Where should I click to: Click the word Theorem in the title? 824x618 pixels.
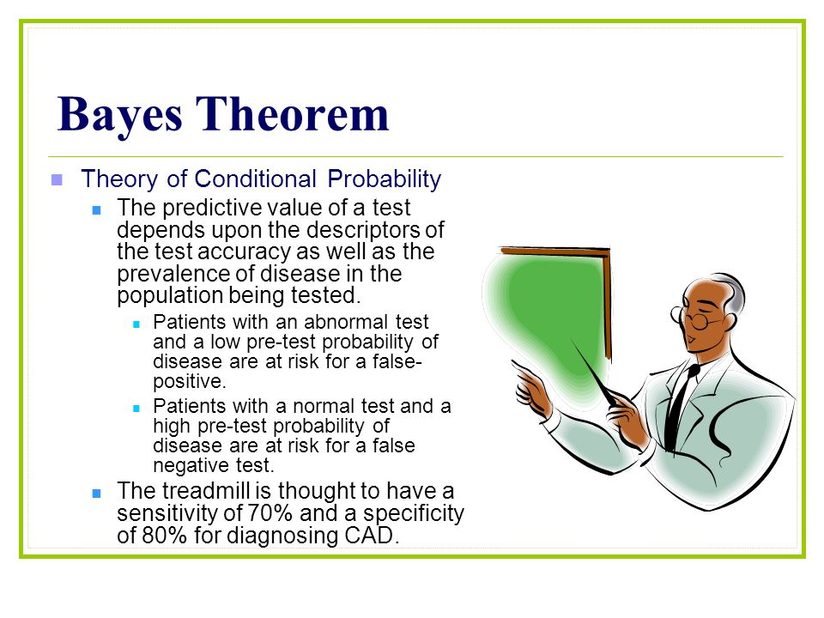click(x=292, y=113)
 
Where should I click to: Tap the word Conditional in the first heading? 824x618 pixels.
click(x=256, y=179)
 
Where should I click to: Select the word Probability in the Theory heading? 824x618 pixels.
click(x=385, y=179)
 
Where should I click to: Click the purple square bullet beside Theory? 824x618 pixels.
click(x=57, y=180)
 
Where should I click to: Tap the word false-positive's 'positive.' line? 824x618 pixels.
click(x=190, y=381)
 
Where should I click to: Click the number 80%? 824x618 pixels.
click(x=165, y=536)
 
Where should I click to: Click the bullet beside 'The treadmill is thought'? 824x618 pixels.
click(x=96, y=494)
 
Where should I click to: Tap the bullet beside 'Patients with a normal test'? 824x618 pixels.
click(x=136, y=409)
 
